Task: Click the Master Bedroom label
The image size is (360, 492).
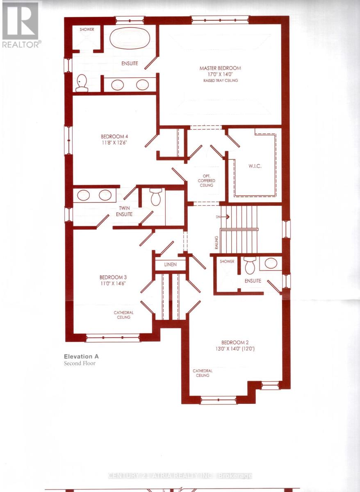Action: click(x=220, y=68)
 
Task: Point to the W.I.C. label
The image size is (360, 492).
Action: click(x=255, y=166)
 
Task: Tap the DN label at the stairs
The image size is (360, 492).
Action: click(x=217, y=216)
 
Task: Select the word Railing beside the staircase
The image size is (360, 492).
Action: click(x=217, y=243)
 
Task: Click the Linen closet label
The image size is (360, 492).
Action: click(x=170, y=264)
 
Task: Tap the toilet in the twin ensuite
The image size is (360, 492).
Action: click(x=156, y=197)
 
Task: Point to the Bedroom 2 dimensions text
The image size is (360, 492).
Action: click(x=235, y=349)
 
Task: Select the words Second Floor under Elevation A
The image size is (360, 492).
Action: click(x=80, y=363)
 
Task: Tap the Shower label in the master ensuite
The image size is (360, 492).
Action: click(x=87, y=30)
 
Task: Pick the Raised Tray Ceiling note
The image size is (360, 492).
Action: click(x=221, y=81)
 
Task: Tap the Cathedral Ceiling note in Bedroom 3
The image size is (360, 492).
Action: click(x=124, y=314)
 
